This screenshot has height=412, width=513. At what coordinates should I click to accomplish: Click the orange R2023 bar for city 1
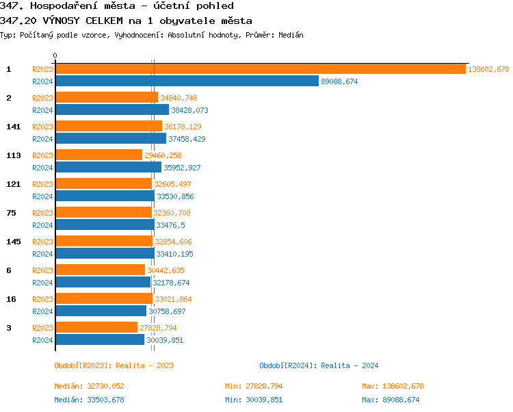(260, 69)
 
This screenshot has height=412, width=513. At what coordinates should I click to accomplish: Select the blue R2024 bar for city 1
(187, 81)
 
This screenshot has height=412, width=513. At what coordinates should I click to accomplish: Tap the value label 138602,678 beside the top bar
(488, 69)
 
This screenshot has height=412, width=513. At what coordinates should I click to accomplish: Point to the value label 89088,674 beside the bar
(339, 81)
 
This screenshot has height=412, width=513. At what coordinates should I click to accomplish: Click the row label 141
(13, 127)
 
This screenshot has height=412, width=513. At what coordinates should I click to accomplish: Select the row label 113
(13, 155)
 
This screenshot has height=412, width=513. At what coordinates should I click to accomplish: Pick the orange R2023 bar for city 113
(98, 155)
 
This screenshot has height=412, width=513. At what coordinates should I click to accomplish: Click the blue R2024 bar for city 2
(111, 110)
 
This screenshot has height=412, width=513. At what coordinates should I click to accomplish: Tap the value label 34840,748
(179, 98)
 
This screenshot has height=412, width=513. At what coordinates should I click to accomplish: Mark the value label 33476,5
(170, 225)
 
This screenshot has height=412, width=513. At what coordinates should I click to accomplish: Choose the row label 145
(13, 242)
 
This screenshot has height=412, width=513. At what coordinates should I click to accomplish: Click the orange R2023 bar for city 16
(103, 299)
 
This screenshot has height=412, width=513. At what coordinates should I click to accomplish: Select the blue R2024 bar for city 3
(99, 340)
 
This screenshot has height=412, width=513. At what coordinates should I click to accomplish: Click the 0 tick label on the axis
(55, 56)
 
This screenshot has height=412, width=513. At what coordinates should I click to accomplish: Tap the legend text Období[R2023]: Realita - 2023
(114, 365)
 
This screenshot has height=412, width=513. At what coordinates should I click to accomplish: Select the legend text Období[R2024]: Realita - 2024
(319, 365)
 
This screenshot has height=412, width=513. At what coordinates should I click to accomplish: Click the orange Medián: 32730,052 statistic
(89, 386)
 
